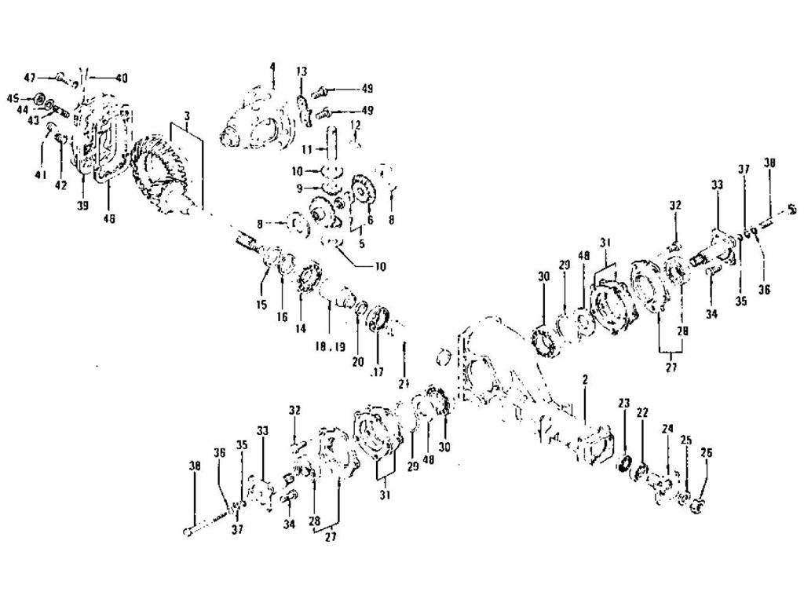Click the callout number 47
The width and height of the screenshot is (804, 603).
30,77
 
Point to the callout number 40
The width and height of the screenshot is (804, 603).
121,77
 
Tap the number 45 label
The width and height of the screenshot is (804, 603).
13,97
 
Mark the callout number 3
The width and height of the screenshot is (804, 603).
187,115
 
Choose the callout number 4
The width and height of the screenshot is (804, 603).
272,67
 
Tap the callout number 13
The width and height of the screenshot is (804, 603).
301,71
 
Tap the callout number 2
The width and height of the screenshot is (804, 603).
585,379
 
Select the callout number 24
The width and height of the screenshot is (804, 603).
667,429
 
